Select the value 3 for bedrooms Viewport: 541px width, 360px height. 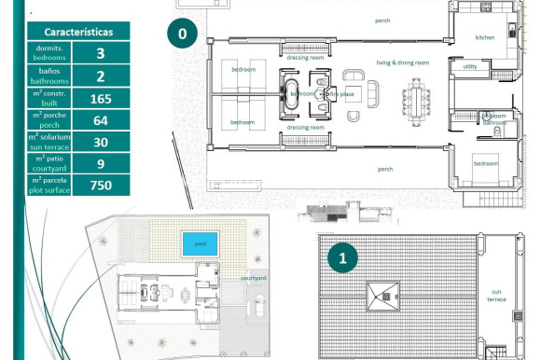point(100,53)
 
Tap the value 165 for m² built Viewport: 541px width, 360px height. point(100,98)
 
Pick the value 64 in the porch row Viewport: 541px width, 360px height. point(100,120)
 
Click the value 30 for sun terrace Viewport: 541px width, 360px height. point(100,142)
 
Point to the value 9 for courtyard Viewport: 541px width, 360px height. point(100,163)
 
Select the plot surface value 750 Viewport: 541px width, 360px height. point(100,185)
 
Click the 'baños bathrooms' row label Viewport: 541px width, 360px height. point(49,76)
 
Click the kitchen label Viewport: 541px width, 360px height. point(485,38)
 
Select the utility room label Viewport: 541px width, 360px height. point(469,67)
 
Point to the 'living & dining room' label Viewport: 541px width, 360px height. point(402,62)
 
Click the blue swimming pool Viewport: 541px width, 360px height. point(201,243)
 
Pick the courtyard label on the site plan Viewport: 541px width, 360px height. point(254,278)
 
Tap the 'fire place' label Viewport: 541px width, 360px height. point(344,94)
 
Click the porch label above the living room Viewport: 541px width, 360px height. point(382,20)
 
